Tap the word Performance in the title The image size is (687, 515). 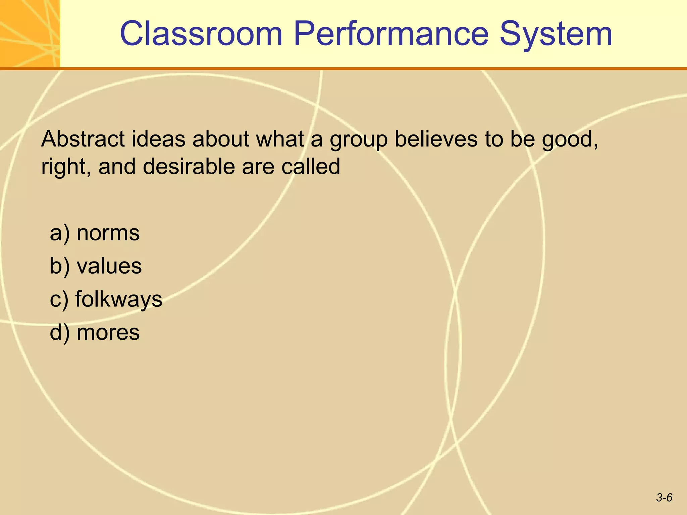coord(391,34)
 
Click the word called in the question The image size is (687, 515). coord(311,166)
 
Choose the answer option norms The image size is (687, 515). coord(108,233)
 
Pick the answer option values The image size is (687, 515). coord(109,266)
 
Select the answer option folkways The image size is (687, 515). coord(119,299)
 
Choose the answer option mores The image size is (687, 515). coord(108,333)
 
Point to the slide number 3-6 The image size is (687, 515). coord(664,498)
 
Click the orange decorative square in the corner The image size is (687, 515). coord(30,34)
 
